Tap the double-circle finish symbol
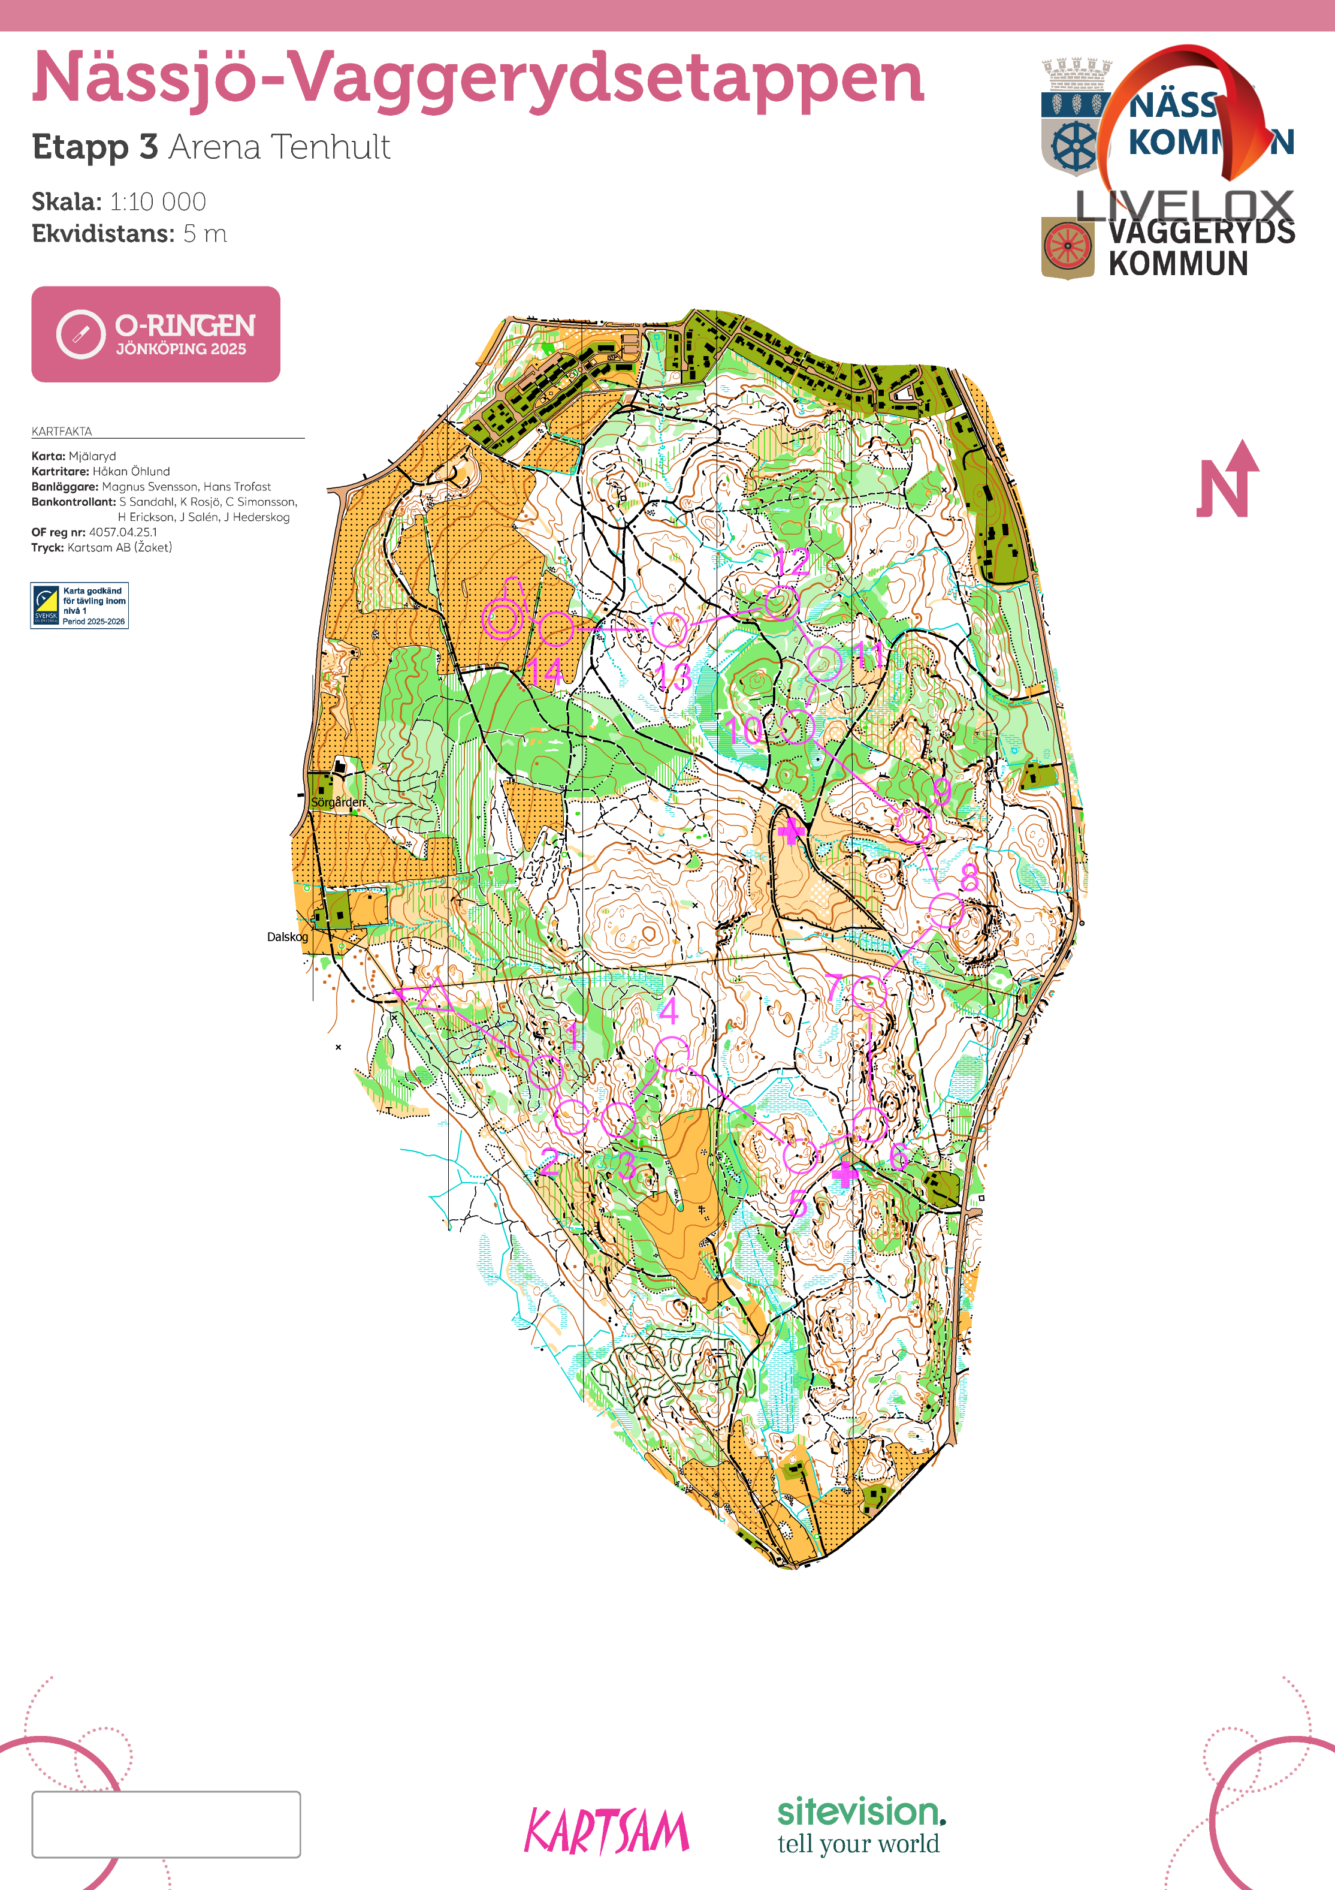click(x=502, y=619)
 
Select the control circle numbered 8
click(x=946, y=911)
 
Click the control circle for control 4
click(x=672, y=1054)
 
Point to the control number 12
click(x=792, y=563)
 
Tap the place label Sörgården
click(x=337, y=802)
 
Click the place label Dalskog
click(x=287, y=937)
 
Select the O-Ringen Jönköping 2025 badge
click(x=156, y=334)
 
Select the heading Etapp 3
click(x=95, y=147)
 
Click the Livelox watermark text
click(x=1185, y=206)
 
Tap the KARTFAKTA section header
click(x=62, y=432)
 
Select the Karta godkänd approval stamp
click(x=80, y=606)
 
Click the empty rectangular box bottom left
click(x=166, y=1824)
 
